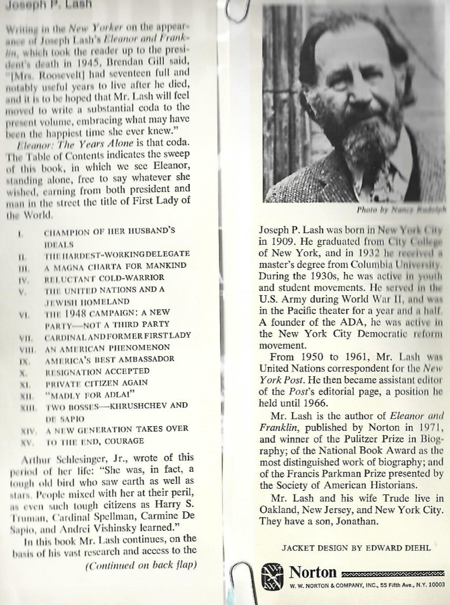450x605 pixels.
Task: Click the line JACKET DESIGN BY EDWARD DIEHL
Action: pos(356,548)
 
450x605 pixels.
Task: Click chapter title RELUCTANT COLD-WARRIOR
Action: pos(105,277)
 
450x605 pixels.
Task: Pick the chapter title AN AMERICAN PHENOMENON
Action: pos(107,347)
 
